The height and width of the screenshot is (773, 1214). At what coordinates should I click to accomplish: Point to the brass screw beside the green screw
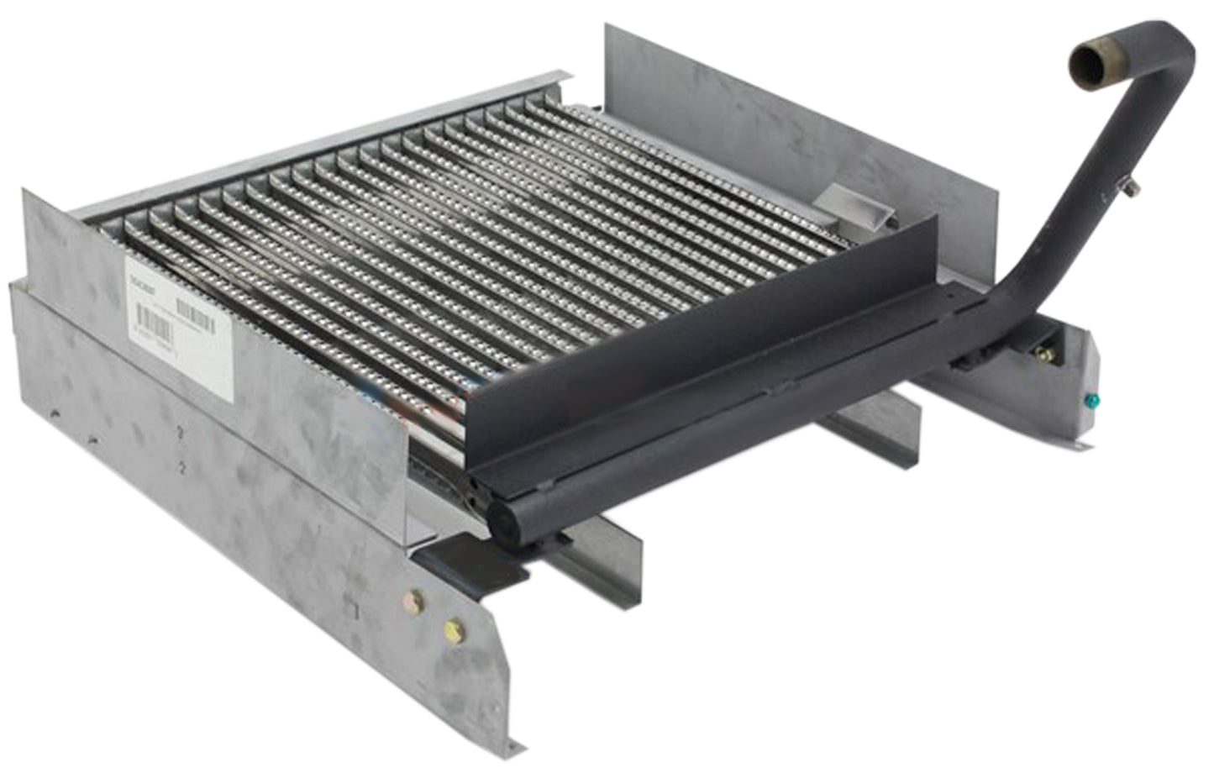pyautogui.click(x=1047, y=354)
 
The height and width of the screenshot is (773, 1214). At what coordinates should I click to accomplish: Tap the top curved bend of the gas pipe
pyautogui.click(x=1172, y=42)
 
